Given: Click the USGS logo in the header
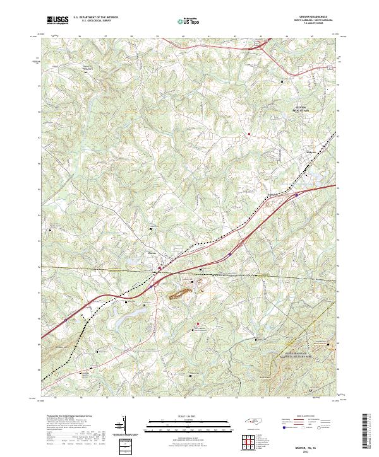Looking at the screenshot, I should coord(57,21).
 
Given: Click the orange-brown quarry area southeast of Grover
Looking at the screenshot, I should coord(180,291).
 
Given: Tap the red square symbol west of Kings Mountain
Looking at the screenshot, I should coord(250,134).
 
